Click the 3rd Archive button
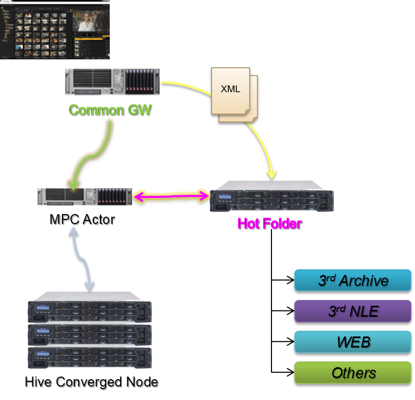[353, 280]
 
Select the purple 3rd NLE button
[353, 311]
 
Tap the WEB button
[353, 342]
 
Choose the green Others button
[353, 372]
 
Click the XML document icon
[234, 94]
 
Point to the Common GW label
[109, 110]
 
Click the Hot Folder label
[269, 223]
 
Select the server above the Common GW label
[112, 82]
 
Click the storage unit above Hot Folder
[271, 196]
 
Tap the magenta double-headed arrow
[171, 196]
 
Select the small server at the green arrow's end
[85, 197]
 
